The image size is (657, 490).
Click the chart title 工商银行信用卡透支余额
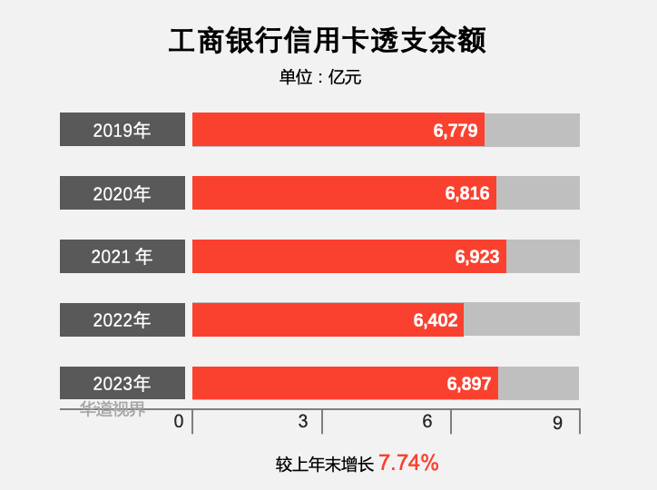click(328, 42)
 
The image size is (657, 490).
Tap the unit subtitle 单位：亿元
click(320, 78)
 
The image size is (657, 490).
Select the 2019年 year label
click(123, 130)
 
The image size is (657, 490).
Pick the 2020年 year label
click(123, 193)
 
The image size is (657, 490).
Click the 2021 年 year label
click(123, 257)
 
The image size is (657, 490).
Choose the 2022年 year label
click(123, 320)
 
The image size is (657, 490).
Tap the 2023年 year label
click(123, 384)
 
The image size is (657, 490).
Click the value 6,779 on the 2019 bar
click(456, 131)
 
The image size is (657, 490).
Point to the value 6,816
click(467, 193)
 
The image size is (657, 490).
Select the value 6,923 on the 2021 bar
click(477, 257)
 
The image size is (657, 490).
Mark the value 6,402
click(436, 320)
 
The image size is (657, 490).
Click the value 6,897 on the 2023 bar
click(469, 384)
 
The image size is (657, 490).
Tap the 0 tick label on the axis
click(179, 422)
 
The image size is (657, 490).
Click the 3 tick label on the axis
click(303, 422)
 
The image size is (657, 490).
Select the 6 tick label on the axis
click(427, 422)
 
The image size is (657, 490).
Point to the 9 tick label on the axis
click(557, 422)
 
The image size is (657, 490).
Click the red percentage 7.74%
click(408, 463)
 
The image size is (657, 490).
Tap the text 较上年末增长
click(325, 465)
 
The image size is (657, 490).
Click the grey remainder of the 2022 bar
click(522, 320)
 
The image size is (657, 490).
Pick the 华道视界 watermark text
click(113, 409)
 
